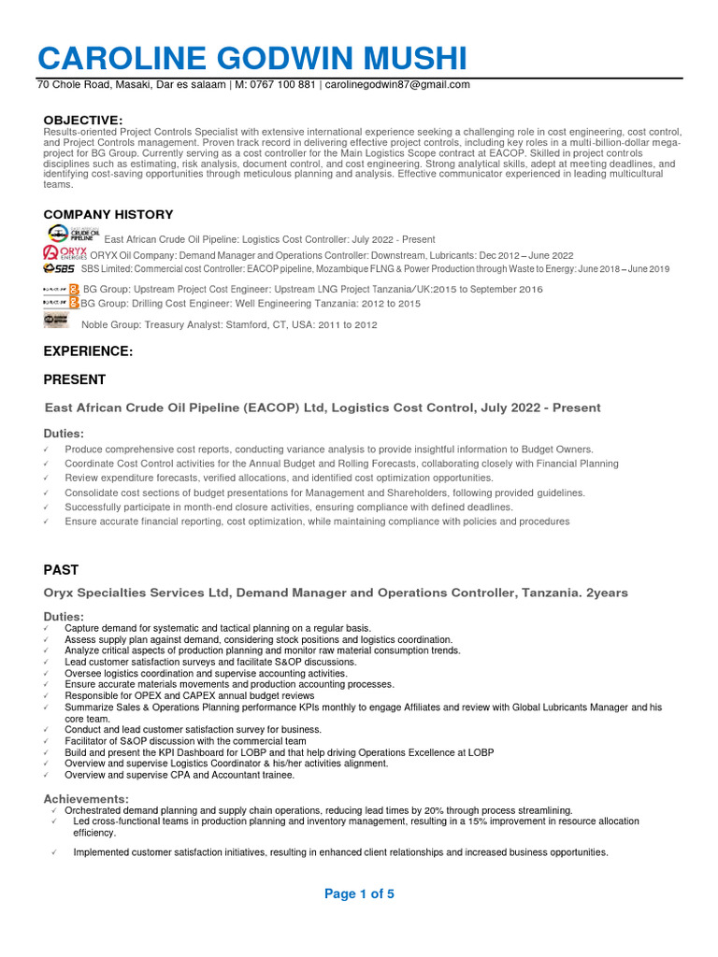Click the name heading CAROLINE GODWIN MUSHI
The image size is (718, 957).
[x=251, y=58]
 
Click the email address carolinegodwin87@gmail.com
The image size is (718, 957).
[x=397, y=85]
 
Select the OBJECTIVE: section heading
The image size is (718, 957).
[x=83, y=121]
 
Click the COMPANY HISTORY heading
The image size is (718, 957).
[x=108, y=215]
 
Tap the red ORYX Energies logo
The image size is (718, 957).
[x=65, y=254]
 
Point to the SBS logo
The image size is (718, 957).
[x=59, y=269]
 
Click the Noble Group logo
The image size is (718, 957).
[x=56, y=321]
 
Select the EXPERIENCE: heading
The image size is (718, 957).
[x=88, y=351]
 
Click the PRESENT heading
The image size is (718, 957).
[x=75, y=379]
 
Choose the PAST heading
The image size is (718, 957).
[x=62, y=569]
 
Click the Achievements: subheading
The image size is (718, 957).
[x=86, y=799]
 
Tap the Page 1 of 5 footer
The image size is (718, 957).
[x=359, y=894]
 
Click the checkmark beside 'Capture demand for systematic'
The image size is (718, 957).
[x=47, y=629]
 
